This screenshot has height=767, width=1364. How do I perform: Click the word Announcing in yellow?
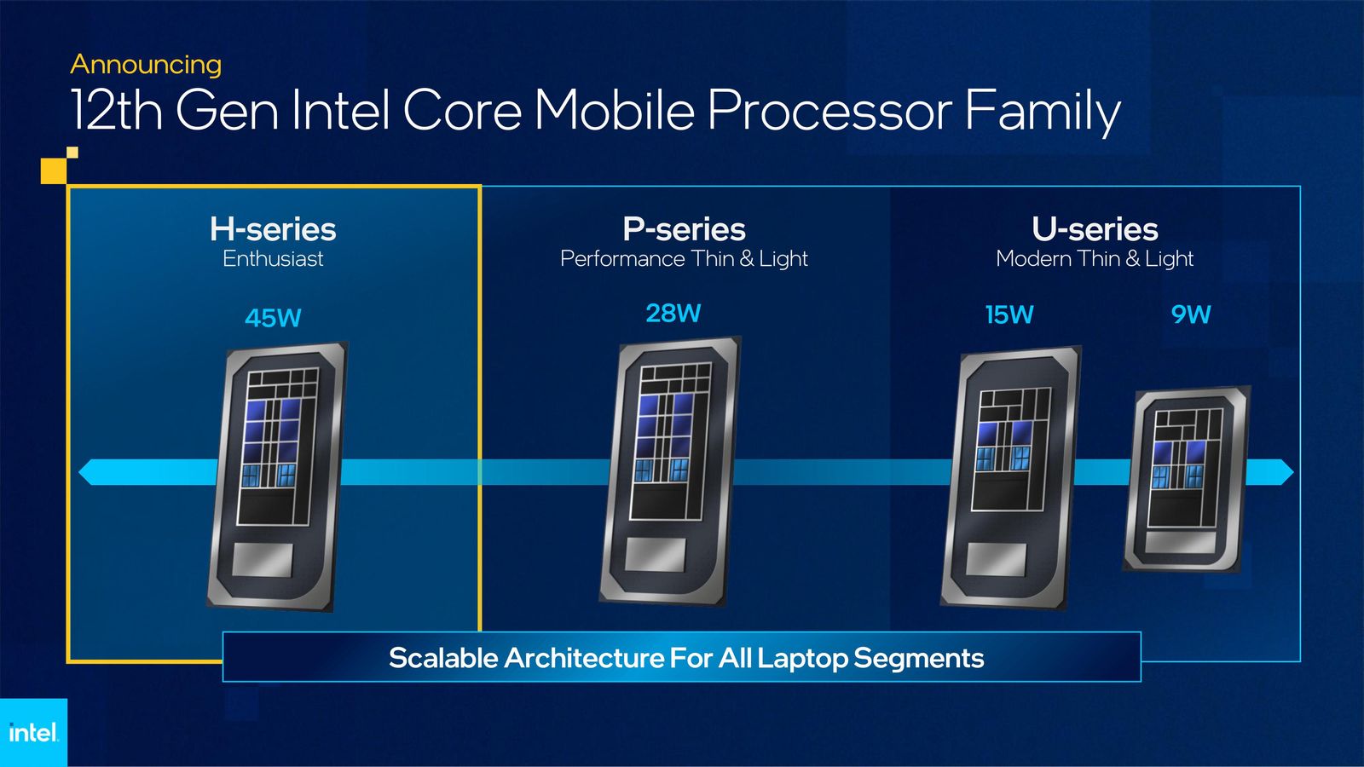146,65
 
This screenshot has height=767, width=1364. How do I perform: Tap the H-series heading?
273,229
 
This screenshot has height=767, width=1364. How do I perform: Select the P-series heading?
684,229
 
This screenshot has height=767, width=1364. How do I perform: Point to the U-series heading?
1095,229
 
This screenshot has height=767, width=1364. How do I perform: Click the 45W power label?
273,318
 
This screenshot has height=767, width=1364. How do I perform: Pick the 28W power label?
673,314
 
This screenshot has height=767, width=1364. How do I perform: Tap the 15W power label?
1009,315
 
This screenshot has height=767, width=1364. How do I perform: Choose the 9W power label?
1191,314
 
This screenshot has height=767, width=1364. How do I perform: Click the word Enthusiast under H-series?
273,259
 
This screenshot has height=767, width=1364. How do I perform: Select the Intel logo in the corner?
33,732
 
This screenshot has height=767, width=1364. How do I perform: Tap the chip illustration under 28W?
670,470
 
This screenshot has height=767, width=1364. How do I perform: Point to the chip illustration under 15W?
1010,477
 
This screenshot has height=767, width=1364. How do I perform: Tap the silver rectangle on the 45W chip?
263,559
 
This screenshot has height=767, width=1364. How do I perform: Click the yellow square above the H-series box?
54,170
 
